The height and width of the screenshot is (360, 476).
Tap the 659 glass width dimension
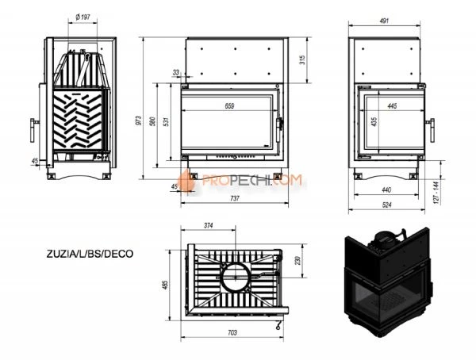229,105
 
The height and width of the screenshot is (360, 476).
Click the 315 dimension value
303,61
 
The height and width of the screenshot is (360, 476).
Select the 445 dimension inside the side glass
391,105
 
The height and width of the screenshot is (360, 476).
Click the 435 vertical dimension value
374,122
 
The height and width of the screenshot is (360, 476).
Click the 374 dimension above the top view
209,226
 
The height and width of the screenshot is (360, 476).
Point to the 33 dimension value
175,72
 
